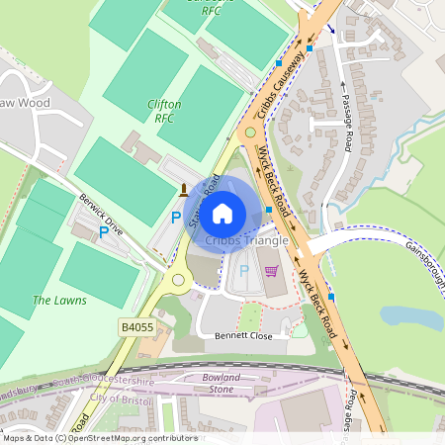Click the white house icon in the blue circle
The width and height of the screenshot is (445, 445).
222,212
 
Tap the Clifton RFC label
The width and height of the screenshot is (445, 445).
164,110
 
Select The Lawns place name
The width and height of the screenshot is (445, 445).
59,300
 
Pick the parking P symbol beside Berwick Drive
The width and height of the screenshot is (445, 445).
103,233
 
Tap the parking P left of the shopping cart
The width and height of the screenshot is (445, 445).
244,270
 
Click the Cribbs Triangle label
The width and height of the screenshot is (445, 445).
246,240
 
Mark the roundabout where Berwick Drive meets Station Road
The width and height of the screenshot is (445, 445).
180,280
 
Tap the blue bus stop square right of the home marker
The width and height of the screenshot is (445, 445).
269,210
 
